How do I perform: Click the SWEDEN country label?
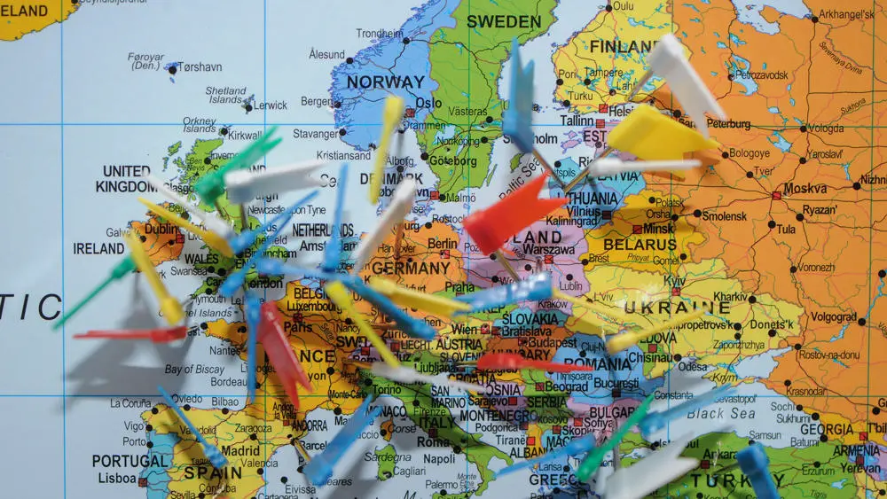tap(503, 21)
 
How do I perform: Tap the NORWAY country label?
tap(385, 82)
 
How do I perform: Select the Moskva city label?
tap(805, 189)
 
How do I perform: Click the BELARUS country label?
tap(640, 244)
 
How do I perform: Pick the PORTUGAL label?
tap(129, 461)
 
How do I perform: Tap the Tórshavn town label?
tap(199, 66)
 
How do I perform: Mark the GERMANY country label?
tap(411, 267)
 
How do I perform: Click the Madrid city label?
tap(240, 450)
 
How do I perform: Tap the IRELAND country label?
tap(98, 249)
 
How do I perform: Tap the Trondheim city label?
tap(380, 34)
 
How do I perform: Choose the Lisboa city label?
tap(117, 478)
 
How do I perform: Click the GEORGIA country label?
tap(826, 429)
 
